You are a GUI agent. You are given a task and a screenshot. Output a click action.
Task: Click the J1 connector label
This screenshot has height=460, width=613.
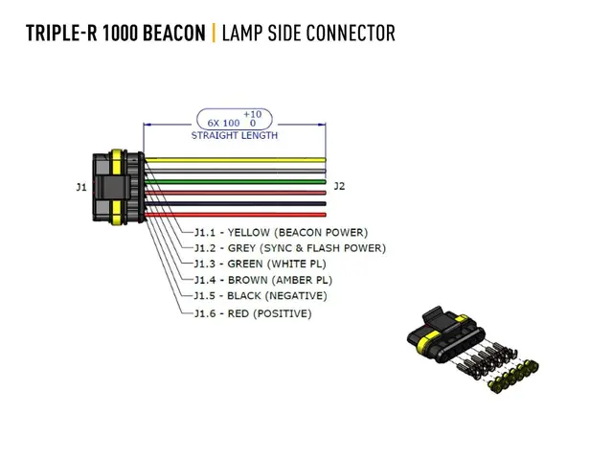coord(80,186)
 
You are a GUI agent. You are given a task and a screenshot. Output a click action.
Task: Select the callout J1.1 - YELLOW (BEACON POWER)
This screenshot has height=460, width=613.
coord(281,232)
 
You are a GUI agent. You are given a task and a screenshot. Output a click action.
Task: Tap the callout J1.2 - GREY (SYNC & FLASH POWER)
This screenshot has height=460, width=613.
coord(289,248)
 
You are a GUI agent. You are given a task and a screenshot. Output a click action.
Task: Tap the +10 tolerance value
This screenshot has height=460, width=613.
coord(252,114)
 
